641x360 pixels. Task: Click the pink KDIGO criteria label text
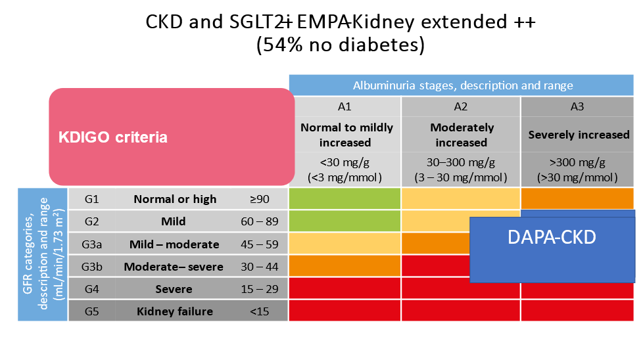tap(113, 137)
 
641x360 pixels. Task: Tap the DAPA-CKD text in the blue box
tap(552, 237)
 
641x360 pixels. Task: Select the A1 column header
tap(344, 106)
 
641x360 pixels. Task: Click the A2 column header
tap(461, 106)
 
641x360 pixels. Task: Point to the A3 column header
tap(577, 106)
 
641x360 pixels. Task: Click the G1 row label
tap(91, 199)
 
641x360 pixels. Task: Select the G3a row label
tap(91, 244)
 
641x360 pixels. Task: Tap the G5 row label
tap(91, 311)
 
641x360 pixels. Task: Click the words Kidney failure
tap(175, 311)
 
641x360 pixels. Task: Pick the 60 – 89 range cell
tap(260, 221)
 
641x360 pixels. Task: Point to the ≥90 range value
tap(260, 199)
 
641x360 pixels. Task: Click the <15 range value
tap(260, 311)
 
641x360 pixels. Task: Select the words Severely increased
tap(579, 135)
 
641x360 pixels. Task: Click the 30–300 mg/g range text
tap(461, 162)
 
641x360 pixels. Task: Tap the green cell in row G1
tap(344, 198)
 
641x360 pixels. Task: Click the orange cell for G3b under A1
tap(344, 266)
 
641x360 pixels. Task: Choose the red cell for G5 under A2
tap(461, 311)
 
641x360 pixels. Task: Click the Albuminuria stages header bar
tap(461, 85)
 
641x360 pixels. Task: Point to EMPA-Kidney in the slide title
tap(356, 22)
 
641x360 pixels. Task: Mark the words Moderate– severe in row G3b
tap(174, 267)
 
